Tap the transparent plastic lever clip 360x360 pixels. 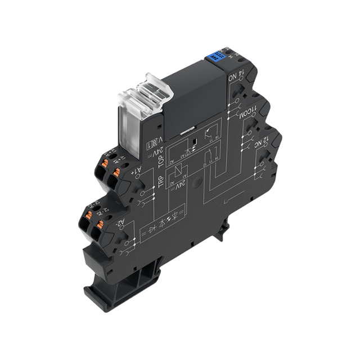(138, 96)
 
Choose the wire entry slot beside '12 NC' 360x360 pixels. (264, 166)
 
